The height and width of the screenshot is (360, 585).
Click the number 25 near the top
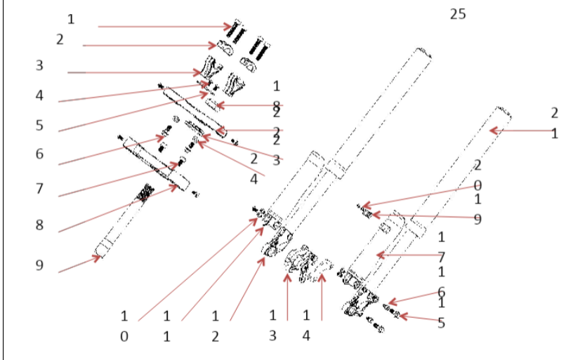[457, 14]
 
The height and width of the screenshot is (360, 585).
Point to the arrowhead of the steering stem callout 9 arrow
[100, 258]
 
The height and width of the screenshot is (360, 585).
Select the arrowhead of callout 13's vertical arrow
[287, 276]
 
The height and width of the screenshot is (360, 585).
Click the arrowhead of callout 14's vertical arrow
[322, 276]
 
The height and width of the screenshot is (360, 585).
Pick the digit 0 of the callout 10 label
[124, 337]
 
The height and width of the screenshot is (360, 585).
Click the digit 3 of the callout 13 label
[272, 337]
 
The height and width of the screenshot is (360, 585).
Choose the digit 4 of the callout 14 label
[306, 337]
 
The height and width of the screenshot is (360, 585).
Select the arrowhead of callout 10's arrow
[258, 220]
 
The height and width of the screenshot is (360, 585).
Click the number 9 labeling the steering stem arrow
[39, 266]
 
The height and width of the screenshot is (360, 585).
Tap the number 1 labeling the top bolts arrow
[70, 18]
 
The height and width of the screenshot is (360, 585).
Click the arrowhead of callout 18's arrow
[216, 106]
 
